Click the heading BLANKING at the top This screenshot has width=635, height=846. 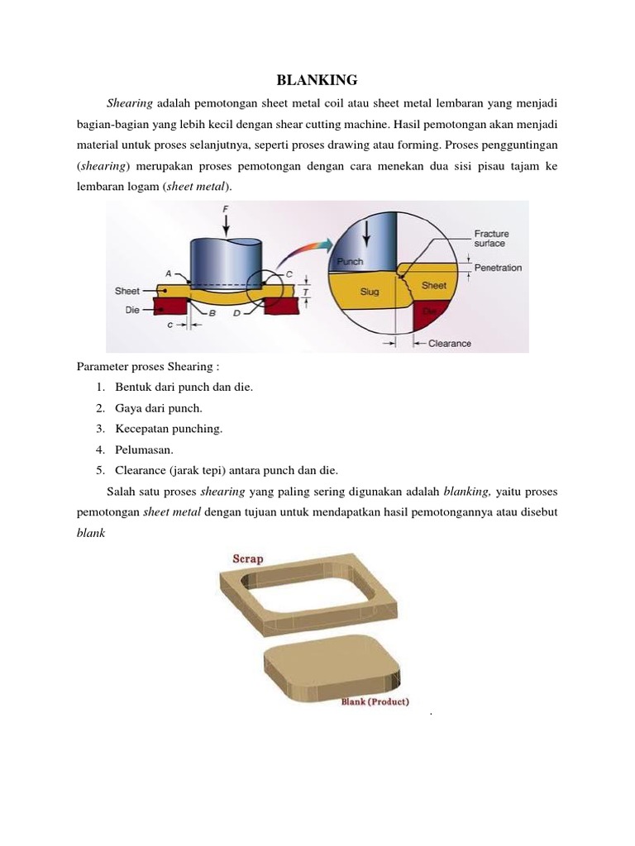317,80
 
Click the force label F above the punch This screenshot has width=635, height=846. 226,211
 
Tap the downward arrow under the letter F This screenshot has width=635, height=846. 226,226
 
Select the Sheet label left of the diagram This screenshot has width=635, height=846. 127,291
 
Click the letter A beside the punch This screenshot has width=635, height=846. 169,272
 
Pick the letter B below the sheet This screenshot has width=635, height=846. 212,315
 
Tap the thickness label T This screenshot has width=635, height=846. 308,291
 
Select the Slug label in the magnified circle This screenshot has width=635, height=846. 370,292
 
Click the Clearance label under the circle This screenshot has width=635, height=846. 450,343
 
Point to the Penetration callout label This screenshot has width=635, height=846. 499,269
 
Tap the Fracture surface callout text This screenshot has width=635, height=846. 492,238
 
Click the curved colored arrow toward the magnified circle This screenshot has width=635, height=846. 307,251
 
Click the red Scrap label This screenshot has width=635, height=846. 247,558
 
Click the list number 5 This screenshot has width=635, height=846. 99,470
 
